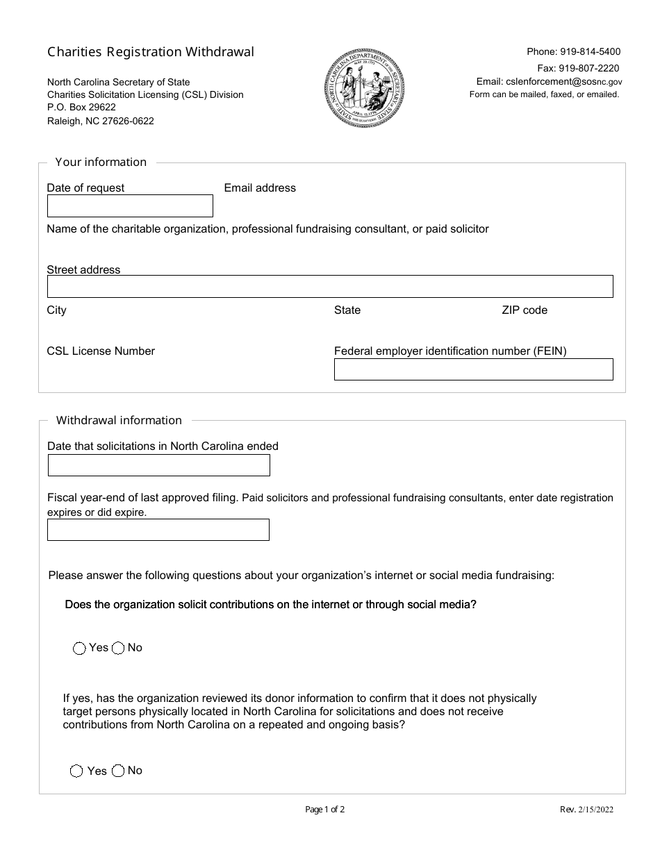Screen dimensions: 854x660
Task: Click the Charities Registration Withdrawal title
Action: coord(151,52)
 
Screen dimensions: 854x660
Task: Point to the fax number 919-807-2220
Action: coord(588,68)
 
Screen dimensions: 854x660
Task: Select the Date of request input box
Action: coord(130,206)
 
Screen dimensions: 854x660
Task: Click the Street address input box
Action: coord(330,287)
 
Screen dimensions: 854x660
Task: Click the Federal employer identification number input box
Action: coord(473,369)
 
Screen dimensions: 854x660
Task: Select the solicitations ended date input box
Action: coord(158,465)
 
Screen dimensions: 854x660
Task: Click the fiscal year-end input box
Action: coord(158,530)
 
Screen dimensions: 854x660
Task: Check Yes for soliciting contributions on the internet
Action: coord(79,648)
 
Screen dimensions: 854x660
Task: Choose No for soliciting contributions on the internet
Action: coord(118,648)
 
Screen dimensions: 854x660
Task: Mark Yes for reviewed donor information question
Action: coord(77,771)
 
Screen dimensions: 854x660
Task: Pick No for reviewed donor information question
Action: coord(118,771)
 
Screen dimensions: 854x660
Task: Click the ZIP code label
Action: coord(525,310)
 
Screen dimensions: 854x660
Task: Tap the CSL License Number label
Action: coord(101,351)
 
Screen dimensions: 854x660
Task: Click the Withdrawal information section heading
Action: coord(119,421)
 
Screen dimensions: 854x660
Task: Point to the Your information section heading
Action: coord(101,162)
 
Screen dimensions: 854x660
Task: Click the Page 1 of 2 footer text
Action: coord(325,809)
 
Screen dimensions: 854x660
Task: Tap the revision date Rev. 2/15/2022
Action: coord(586,809)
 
